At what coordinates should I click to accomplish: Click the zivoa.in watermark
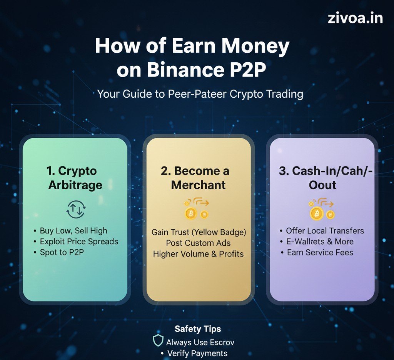(x=355, y=18)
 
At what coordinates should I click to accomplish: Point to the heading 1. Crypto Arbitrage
(x=75, y=178)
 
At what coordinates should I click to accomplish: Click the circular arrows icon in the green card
(x=76, y=209)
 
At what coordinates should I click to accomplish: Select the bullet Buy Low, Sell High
(x=73, y=231)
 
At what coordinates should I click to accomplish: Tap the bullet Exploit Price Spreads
(x=79, y=242)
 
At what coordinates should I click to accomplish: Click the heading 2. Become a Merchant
(x=199, y=178)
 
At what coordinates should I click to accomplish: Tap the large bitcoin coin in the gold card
(x=191, y=213)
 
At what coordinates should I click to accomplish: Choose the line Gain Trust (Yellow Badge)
(x=199, y=232)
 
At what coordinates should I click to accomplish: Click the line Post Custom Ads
(x=198, y=243)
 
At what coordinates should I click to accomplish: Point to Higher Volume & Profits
(x=198, y=254)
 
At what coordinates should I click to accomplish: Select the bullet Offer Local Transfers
(x=325, y=231)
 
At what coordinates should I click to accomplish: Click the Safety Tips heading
(x=198, y=329)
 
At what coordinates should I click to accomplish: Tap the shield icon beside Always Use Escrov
(x=158, y=340)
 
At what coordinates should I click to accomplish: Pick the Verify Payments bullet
(x=197, y=353)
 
